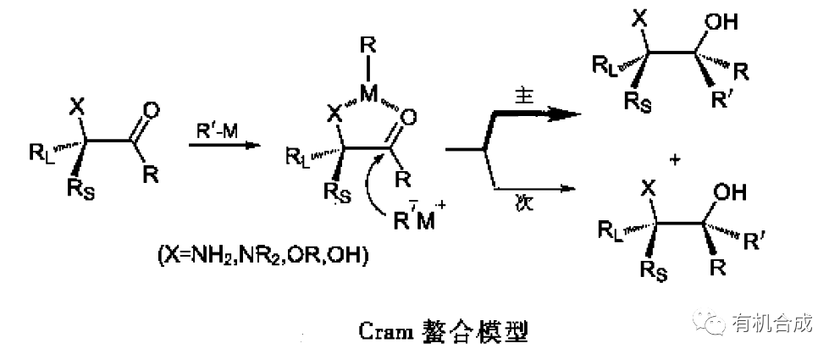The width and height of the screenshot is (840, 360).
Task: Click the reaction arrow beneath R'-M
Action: (x=223, y=146)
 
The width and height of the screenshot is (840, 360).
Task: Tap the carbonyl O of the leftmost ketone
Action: (x=152, y=110)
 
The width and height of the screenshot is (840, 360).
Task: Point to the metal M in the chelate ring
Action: (x=367, y=94)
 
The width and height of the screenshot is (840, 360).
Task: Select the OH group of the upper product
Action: (x=716, y=23)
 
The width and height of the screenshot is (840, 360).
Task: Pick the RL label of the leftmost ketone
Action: (x=41, y=152)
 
